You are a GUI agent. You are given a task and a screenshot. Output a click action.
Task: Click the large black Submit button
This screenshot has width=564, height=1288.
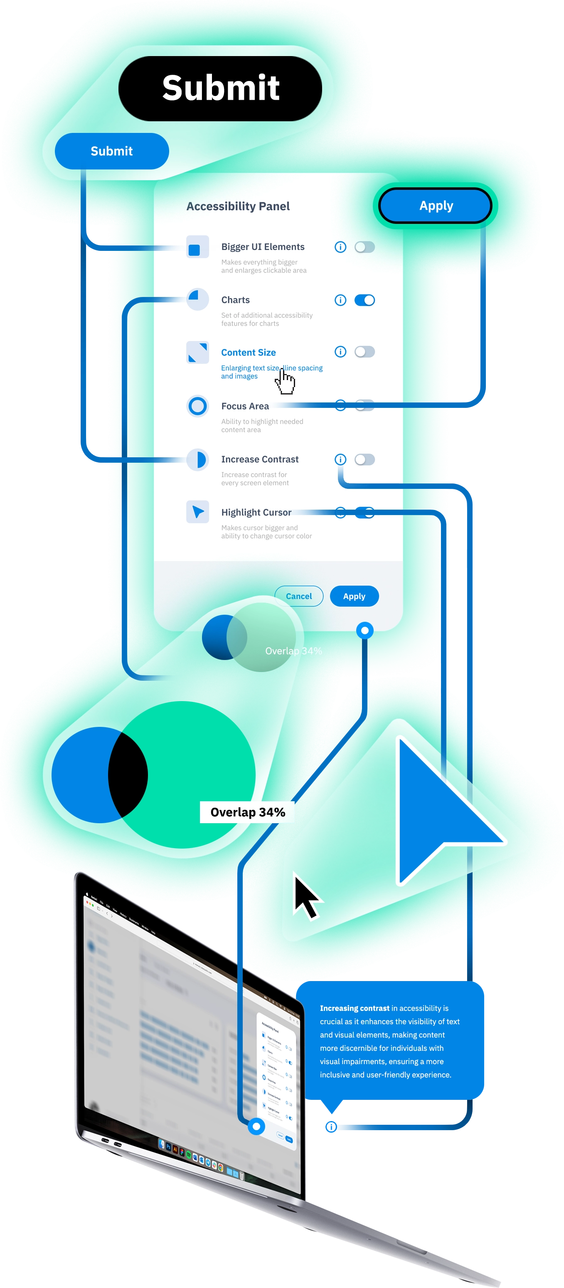[220, 88]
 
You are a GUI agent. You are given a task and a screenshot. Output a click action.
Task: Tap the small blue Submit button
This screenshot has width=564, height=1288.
[112, 151]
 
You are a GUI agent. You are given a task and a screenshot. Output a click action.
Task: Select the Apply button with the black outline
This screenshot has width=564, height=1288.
[436, 206]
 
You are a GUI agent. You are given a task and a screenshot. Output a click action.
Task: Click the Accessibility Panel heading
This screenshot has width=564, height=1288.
[238, 206]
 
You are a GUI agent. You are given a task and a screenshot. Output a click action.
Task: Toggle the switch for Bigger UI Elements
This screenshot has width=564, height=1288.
[365, 247]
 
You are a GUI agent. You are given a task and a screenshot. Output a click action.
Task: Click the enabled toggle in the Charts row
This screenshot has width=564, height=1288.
[365, 300]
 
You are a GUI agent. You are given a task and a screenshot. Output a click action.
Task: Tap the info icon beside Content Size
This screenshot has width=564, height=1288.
[340, 351]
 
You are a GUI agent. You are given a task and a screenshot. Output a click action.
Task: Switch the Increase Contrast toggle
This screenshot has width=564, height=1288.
[365, 459]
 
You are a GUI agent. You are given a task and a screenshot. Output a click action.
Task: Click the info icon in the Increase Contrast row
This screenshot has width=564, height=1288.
[340, 459]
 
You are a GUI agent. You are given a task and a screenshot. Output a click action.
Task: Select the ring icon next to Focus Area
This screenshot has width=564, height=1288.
[198, 405]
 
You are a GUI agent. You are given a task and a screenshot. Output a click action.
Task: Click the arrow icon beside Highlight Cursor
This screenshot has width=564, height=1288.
[198, 512]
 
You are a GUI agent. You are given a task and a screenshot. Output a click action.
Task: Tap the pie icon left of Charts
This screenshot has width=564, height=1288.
[198, 299]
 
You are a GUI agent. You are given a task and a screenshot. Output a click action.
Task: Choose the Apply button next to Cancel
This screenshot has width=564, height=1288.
[354, 596]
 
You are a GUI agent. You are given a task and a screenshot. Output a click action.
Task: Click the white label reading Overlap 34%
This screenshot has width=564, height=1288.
[247, 812]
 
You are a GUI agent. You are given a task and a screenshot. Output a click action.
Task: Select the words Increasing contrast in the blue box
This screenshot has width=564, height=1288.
[354, 1008]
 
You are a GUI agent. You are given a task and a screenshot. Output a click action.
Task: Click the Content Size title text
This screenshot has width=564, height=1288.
[248, 353]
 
